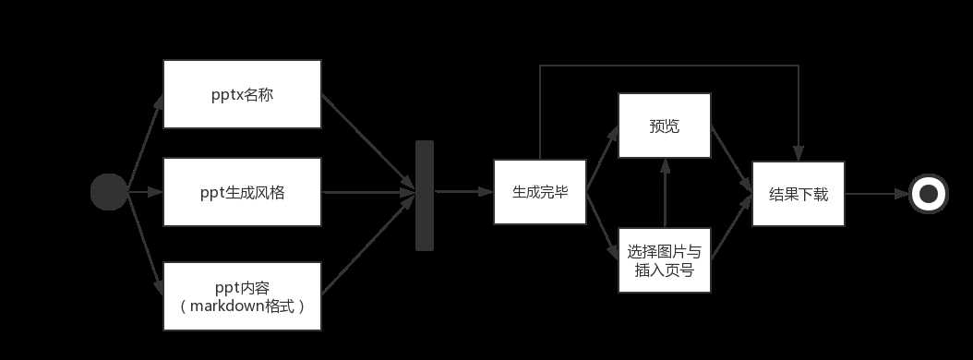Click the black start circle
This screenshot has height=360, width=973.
[109, 192]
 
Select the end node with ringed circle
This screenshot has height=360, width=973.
[929, 194]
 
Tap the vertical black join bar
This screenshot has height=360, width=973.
[425, 196]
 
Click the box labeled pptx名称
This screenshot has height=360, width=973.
[242, 94]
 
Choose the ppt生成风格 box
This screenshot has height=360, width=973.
[242, 192]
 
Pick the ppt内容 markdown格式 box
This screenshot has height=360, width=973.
[242, 295]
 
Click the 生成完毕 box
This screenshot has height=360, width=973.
[540, 192]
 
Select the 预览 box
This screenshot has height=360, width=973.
[664, 126]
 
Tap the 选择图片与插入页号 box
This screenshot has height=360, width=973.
[664, 259]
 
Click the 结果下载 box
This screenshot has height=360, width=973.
[799, 193]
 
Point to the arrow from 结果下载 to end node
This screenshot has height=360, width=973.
[877, 194]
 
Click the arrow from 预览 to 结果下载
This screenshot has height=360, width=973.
[731, 160]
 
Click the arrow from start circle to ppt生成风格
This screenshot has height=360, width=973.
[145, 193]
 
